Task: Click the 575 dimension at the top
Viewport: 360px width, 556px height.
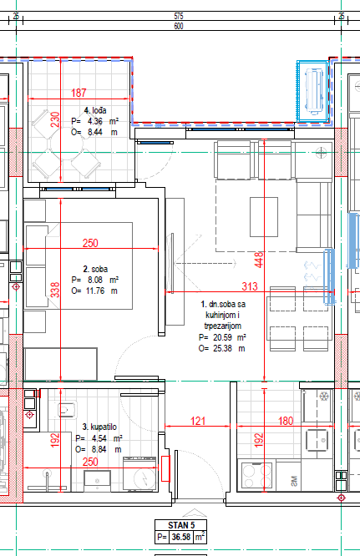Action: (179, 17)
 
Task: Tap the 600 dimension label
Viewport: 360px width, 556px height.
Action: (179, 26)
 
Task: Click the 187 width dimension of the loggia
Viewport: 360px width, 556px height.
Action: (79, 93)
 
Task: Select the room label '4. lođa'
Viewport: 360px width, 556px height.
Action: (95, 110)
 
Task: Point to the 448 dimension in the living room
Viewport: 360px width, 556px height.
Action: (259, 260)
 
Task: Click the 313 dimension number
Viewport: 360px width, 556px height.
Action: (250, 286)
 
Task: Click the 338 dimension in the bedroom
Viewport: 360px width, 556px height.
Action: (55, 290)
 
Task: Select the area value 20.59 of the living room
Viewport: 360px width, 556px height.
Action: (222, 337)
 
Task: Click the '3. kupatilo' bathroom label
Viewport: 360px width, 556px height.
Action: (99, 427)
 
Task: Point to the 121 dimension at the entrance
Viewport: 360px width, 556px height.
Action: (198, 421)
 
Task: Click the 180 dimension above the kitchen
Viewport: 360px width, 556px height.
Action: (286, 421)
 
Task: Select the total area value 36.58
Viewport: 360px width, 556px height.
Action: (181, 537)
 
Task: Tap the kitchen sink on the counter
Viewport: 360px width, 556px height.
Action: (319, 440)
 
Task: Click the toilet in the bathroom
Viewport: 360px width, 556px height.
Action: (66, 410)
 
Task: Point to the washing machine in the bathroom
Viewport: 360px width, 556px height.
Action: (139, 474)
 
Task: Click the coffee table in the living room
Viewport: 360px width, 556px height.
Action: (264, 217)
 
